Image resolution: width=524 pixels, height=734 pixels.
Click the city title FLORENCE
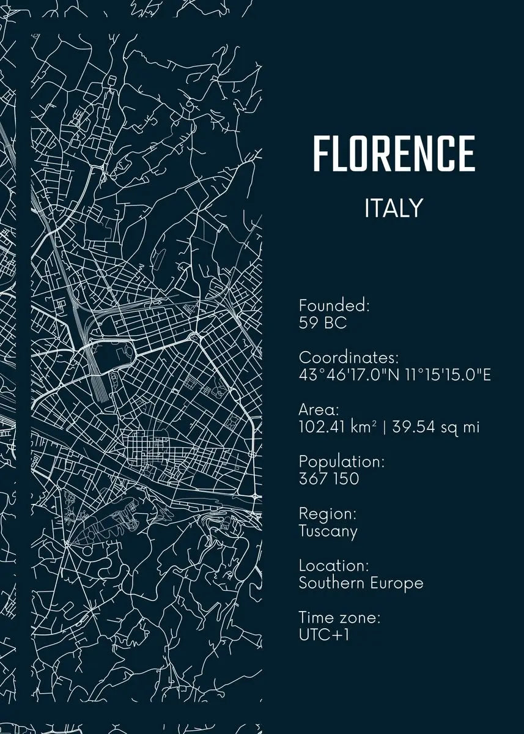(394, 154)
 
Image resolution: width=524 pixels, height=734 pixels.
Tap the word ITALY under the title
(394, 209)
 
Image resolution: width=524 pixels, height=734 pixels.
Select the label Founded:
(334, 305)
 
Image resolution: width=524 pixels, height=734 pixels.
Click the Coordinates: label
(349, 357)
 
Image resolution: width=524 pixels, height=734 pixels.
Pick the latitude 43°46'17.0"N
(349, 374)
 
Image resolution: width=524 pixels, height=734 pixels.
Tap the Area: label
(319, 409)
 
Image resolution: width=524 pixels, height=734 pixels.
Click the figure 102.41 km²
(338, 426)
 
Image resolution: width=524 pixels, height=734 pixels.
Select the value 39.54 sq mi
(435, 427)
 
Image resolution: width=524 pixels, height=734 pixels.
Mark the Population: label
(341, 461)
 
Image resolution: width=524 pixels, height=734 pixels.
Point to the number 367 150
(328, 478)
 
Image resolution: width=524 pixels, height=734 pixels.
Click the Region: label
(327, 514)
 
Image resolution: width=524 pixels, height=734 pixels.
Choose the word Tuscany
(328, 531)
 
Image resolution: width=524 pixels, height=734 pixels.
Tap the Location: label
(333, 566)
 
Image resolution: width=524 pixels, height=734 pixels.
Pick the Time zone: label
(339, 618)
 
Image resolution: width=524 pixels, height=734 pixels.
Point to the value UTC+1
(324, 635)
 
